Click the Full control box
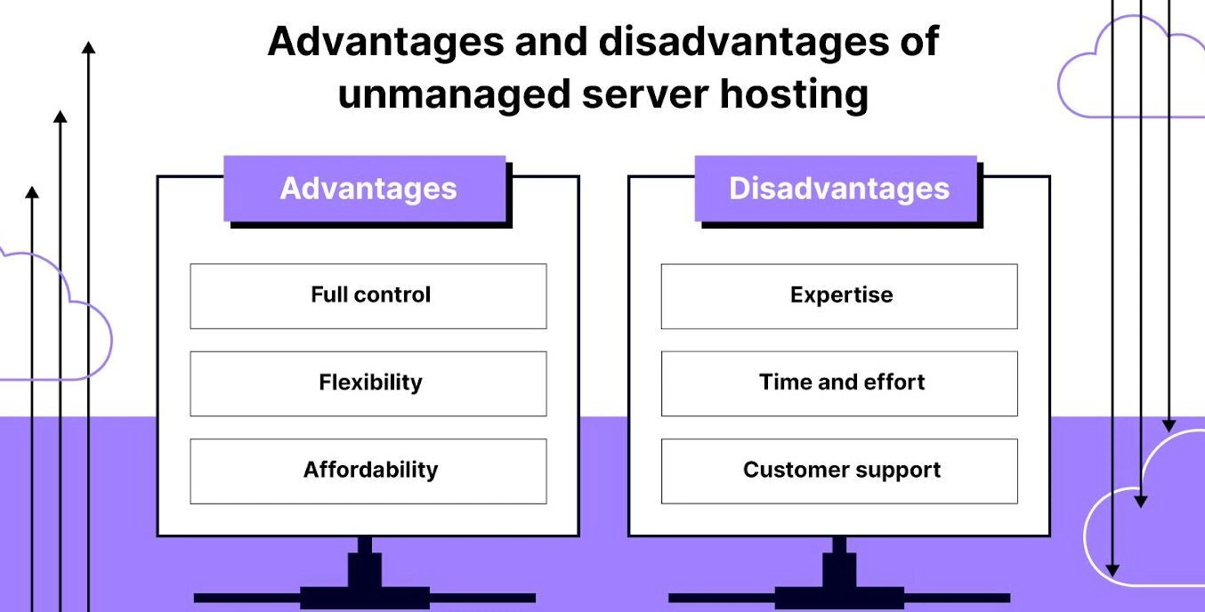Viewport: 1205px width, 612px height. point(368,296)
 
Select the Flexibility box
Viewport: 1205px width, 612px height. point(368,384)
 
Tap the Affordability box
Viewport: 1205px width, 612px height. point(368,471)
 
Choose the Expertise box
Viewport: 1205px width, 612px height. point(839,296)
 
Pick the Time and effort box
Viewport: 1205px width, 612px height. point(839,384)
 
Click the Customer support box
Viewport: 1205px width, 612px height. point(839,471)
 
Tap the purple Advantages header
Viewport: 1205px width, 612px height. point(365,189)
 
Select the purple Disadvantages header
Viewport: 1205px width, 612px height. point(836,189)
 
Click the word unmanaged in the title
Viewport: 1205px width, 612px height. point(455,95)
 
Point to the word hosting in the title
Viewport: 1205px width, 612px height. point(794,95)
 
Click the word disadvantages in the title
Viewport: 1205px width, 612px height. point(744,41)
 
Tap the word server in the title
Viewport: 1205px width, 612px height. point(645,95)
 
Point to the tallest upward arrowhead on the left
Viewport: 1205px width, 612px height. point(89,47)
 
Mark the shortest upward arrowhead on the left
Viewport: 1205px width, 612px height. point(32,192)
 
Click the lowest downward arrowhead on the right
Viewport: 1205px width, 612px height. point(1112,570)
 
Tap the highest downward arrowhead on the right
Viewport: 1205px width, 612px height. point(1169,426)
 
